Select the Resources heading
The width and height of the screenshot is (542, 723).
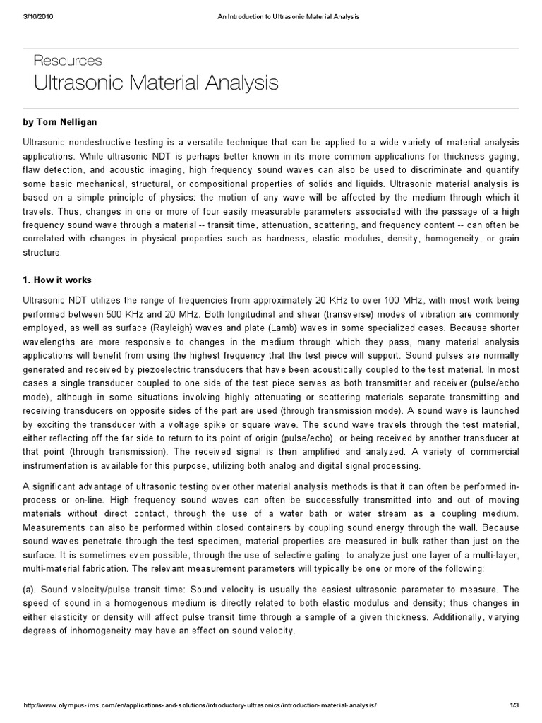68,61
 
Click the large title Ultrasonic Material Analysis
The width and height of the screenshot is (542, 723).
156,83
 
